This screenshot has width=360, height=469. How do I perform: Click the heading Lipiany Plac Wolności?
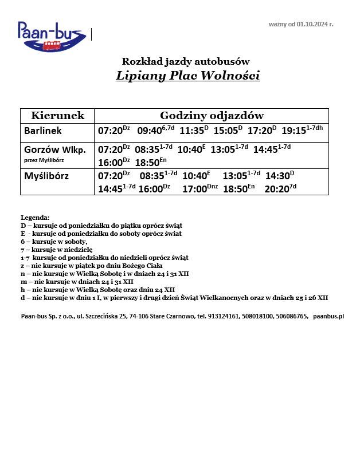(x=187, y=76)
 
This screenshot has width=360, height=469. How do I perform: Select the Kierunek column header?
(x=57, y=116)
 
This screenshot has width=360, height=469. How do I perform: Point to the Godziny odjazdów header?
(x=212, y=116)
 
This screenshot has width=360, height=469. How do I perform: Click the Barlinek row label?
(x=42, y=131)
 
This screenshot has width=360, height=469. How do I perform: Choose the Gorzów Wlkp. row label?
(x=55, y=150)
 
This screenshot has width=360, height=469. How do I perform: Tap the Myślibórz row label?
(x=46, y=176)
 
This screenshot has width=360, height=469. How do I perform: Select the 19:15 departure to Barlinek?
(x=294, y=131)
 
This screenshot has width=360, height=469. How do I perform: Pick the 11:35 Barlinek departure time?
(x=192, y=131)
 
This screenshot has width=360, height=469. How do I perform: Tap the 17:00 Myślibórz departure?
(x=194, y=189)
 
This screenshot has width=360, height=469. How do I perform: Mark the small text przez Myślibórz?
(x=44, y=160)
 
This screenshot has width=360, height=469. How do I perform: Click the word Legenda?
(x=35, y=218)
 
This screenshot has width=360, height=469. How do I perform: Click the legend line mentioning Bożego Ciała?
(x=91, y=266)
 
